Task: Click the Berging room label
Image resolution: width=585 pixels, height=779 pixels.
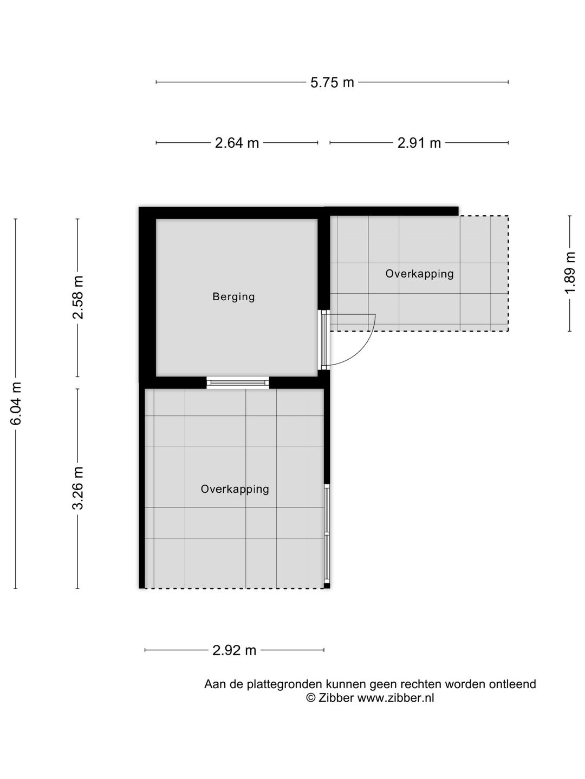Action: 233,296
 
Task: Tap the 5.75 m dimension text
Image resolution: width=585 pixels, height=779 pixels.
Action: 332,82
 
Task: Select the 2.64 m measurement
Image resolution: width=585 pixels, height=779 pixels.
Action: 237,143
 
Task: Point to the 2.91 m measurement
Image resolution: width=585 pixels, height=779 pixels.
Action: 419,143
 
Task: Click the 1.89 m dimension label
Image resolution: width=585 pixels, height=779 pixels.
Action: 569,273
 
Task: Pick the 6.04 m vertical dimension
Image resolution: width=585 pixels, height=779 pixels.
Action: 16,403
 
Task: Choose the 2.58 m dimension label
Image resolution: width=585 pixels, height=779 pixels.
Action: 78,297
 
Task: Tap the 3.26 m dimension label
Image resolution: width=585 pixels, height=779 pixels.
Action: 78,488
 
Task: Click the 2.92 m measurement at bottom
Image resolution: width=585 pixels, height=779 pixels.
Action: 234,650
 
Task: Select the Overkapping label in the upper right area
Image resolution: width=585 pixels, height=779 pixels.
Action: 419,274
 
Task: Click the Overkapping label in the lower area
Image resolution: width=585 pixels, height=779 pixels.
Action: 235,489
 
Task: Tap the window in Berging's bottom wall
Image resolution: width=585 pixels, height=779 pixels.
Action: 238,383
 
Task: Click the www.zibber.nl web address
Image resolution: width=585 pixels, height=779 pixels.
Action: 395,698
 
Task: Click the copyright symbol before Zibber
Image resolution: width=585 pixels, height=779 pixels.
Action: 311,698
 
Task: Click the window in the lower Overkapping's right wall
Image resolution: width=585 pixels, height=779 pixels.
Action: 327,533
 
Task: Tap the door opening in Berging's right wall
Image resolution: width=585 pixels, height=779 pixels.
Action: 324,339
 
